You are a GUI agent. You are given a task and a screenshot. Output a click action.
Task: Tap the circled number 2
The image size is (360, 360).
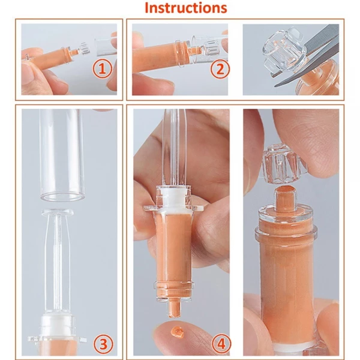pyautogui.click(x=219, y=68)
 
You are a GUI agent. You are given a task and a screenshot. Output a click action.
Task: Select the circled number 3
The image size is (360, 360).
pyautogui.click(x=103, y=343)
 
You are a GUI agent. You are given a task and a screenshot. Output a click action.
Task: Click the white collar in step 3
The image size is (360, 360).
pyautogui.click(x=57, y=327)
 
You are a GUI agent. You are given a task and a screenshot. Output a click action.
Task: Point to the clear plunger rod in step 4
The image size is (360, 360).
pyautogui.click(x=178, y=150)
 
